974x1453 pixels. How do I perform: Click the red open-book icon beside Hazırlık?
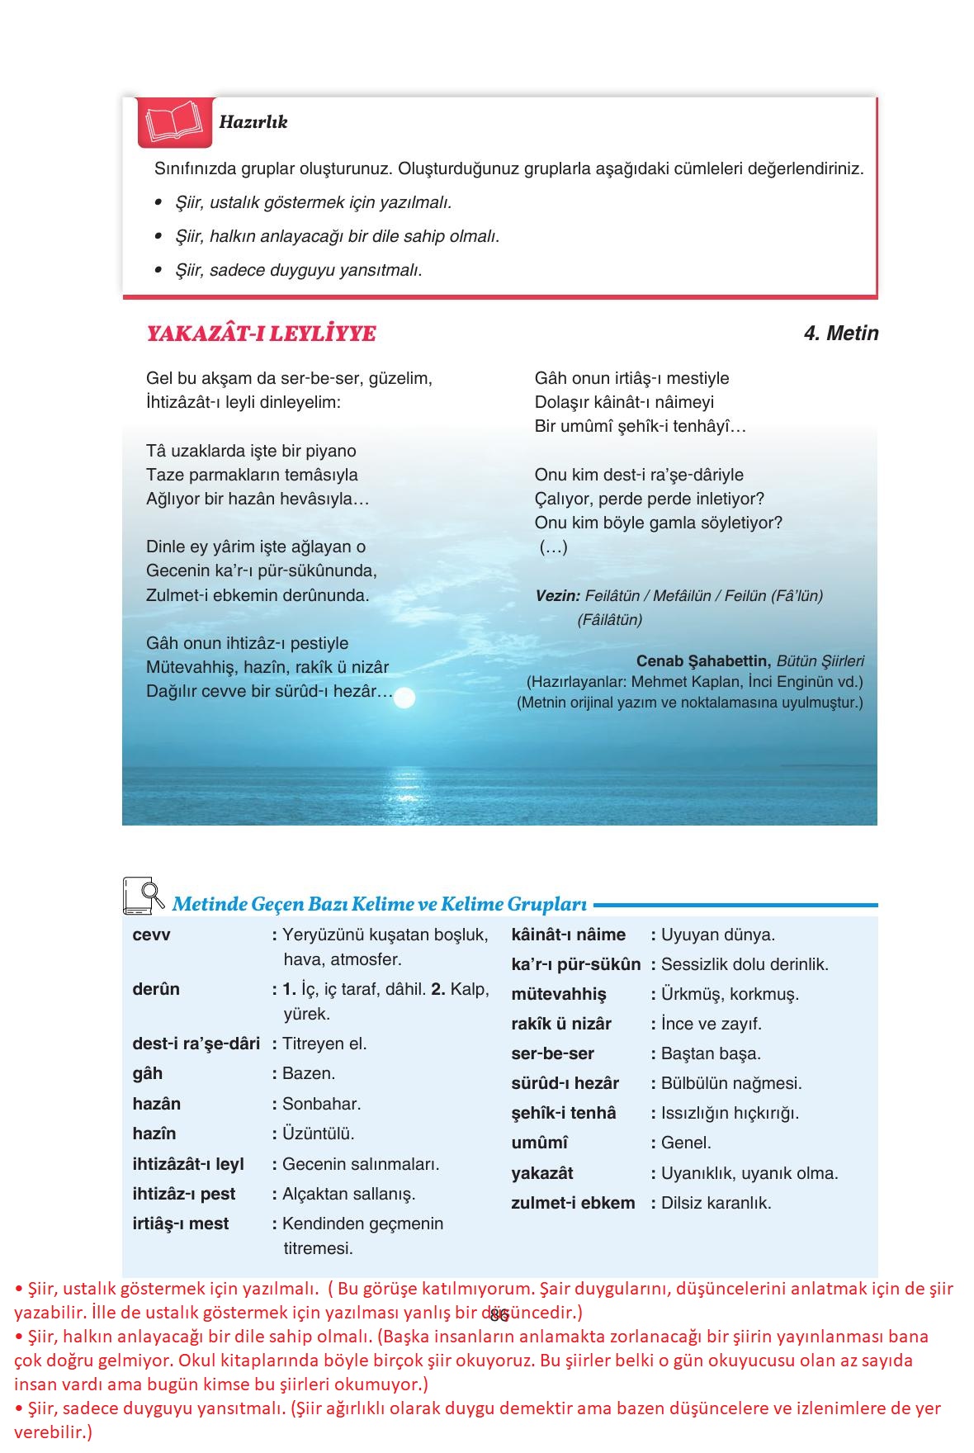(x=173, y=122)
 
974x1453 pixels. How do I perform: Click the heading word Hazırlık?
(x=253, y=122)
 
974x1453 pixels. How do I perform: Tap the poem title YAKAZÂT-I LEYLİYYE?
(x=261, y=334)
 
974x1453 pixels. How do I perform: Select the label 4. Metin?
(x=840, y=334)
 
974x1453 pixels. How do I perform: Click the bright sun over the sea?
(x=404, y=699)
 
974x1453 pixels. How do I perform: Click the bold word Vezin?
(x=558, y=595)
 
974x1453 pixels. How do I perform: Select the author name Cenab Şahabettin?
(x=703, y=661)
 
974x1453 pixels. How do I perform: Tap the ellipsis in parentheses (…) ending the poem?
(x=554, y=547)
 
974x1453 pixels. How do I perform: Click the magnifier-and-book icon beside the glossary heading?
(x=143, y=896)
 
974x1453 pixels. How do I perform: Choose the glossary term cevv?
(x=151, y=935)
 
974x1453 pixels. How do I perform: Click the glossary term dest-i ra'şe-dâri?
(x=196, y=1044)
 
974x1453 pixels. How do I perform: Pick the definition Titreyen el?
(x=324, y=1044)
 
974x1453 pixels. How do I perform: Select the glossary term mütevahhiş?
(x=558, y=994)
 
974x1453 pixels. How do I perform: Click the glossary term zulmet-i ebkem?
(x=573, y=1203)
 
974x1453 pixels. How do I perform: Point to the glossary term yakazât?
(x=541, y=1173)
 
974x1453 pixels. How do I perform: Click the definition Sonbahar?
(x=321, y=1104)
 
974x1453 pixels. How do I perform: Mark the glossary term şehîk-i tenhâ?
(x=563, y=1113)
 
